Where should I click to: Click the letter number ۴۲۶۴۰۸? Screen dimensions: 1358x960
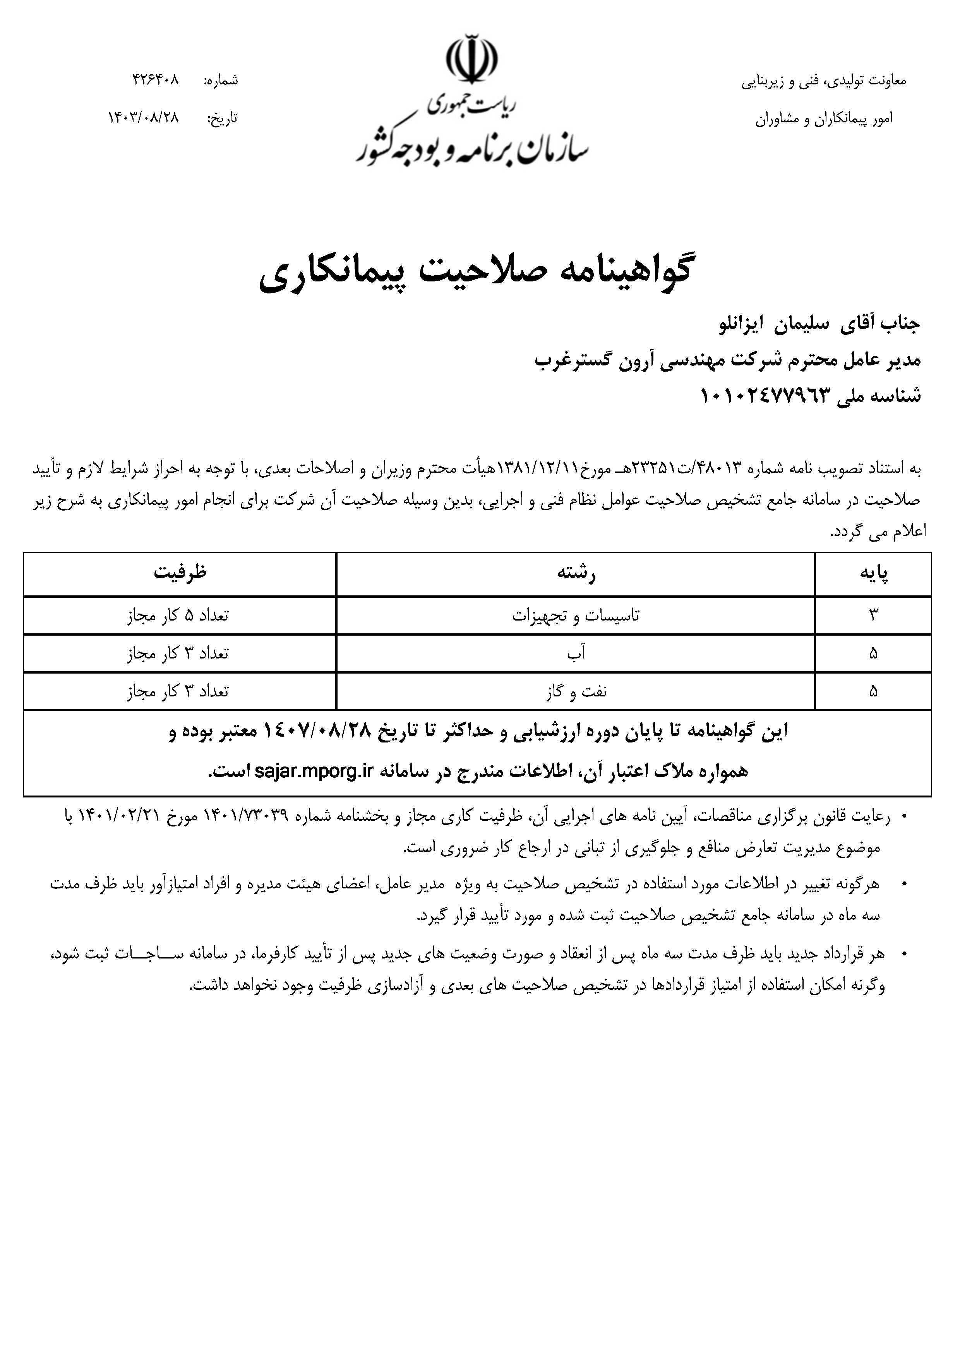(x=156, y=80)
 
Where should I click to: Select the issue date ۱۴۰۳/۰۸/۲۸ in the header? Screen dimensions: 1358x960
(x=143, y=118)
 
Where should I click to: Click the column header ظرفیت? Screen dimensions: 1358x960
(x=180, y=573)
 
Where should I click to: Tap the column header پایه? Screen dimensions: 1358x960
(x=874, y=574)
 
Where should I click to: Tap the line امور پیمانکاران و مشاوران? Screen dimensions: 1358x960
(x=824, y=118)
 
